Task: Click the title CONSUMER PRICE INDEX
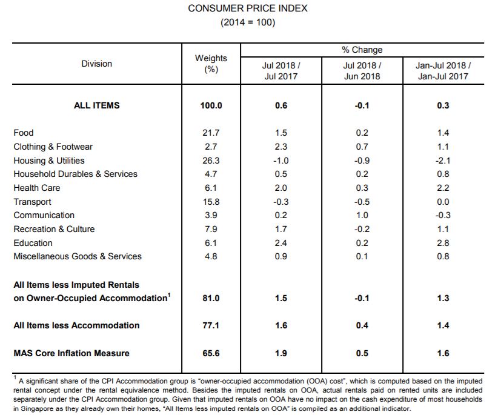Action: [248, 8]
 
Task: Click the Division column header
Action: [96, 64]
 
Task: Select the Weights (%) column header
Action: [211, 64]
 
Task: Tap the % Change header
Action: [362, 50]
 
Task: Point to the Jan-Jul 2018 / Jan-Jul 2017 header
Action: [443, 71]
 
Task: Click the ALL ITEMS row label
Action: [96, 105]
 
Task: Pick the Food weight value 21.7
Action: [211, 133]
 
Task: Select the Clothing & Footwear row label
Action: [53, 147]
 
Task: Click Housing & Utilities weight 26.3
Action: [211, 161]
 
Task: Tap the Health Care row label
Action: [37, 188]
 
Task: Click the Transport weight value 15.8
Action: [211, 202]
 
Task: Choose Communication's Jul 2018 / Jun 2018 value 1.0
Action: [362, 215]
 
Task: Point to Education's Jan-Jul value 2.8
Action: [443, 243]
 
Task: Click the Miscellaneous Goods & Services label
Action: [78, 256]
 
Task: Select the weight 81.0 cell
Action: [211, 298]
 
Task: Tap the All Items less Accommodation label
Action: [76, 325]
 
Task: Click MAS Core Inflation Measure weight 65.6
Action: [211, 353]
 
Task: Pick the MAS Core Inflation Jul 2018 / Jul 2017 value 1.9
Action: [281, 353]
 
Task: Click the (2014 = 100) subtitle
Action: [248, 22]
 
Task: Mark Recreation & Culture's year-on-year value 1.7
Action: [281, 229]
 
